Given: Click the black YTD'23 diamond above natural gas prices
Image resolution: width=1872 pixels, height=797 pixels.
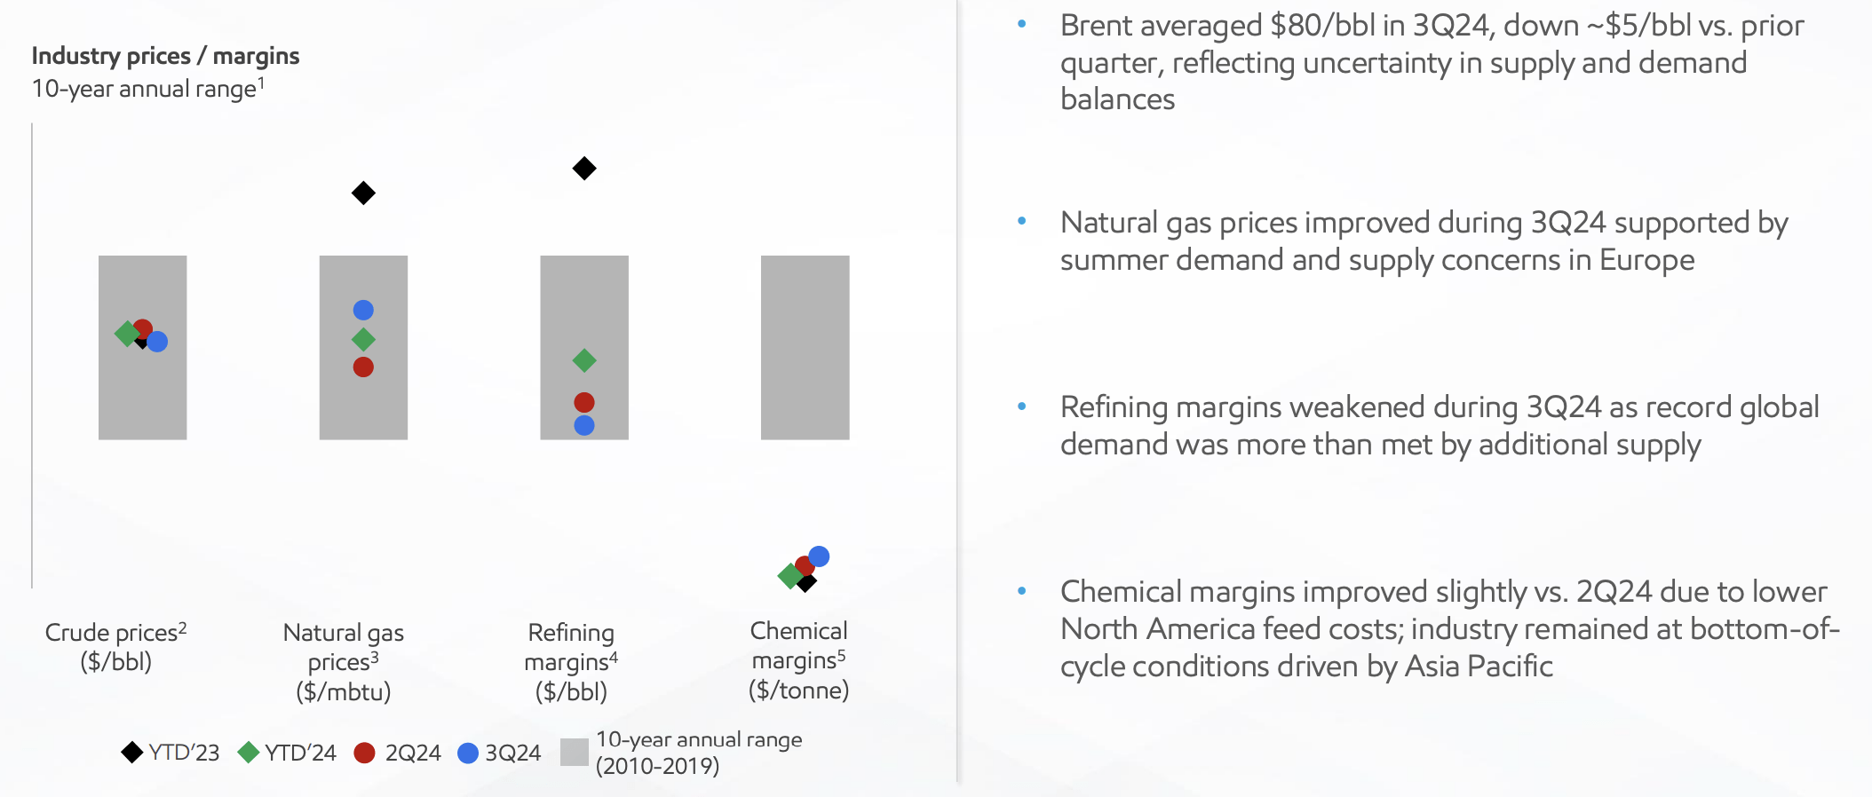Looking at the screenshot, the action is point(363,193).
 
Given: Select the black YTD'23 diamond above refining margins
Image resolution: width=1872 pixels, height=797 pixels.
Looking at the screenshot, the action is point(584,168).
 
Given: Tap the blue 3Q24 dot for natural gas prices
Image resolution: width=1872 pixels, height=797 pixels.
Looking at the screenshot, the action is point(363,310).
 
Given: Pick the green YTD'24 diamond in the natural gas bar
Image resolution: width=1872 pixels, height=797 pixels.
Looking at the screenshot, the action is point(363,339).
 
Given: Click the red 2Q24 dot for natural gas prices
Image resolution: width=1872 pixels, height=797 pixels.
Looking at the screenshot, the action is point(363,367).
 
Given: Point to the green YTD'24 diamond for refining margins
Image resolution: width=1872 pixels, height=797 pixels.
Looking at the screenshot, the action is point(584,360).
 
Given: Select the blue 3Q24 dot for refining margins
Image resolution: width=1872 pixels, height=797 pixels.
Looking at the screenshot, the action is point(584,425).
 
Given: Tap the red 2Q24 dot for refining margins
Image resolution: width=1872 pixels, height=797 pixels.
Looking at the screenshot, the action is point(584,403).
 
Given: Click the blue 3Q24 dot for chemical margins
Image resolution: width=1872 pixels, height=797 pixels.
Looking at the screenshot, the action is point(819,556).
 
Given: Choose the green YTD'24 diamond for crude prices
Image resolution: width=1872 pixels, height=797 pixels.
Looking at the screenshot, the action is point(127,334).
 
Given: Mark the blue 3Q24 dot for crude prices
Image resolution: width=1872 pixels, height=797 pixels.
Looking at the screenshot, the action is point(157,342).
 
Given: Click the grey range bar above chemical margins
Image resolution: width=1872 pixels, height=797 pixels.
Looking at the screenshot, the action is point(805,347).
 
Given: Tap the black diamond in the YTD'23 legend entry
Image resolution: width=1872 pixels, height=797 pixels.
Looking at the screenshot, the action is point(132,753).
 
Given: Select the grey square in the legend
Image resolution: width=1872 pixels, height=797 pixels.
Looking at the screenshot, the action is point(575,752).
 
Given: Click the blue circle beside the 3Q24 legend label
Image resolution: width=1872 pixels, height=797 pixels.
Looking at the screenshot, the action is point(468,753).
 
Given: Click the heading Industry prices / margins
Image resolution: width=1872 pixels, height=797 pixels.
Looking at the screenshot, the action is point(166,56).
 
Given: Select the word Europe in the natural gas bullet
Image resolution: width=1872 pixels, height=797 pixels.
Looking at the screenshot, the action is point(1647,260).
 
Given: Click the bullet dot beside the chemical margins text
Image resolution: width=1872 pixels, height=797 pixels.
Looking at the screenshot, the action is point(1022,590).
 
